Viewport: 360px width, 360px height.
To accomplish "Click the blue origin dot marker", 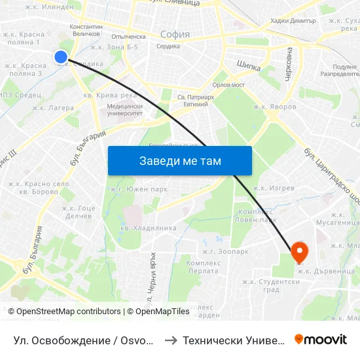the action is pos(61,57).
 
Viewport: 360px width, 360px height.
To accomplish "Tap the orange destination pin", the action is pos(299,249).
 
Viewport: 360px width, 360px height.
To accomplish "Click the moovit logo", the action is pos(321,340).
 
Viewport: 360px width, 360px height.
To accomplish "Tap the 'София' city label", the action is pos(175,34).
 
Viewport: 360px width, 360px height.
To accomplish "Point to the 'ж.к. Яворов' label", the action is pos(275,106).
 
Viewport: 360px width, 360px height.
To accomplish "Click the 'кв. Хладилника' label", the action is pos(149,228).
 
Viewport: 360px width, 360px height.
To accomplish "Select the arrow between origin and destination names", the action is pos(168,340).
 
